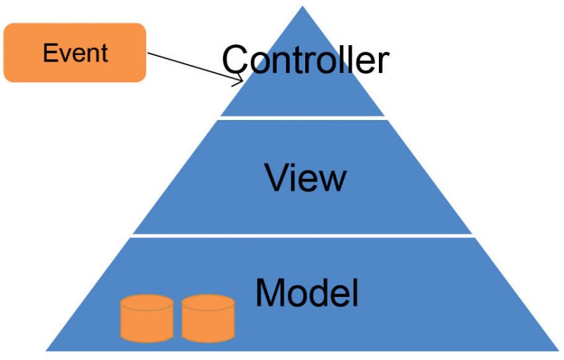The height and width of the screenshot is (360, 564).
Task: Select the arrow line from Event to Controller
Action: click(x=192, y=67)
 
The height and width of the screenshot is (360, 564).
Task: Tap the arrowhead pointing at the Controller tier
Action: click(x=240, y=81)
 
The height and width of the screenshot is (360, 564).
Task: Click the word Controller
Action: click(x=305, y=60)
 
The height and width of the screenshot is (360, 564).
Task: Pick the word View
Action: click(x=305, y=177)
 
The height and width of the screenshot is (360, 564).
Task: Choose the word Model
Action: click(x=307, y=292)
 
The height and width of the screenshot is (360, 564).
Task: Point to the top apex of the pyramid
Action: click(x=303, y=8)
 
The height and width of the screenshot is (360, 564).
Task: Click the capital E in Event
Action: click(x=48, y=53)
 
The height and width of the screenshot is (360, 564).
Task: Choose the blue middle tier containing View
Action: click(x=199, y=199)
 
